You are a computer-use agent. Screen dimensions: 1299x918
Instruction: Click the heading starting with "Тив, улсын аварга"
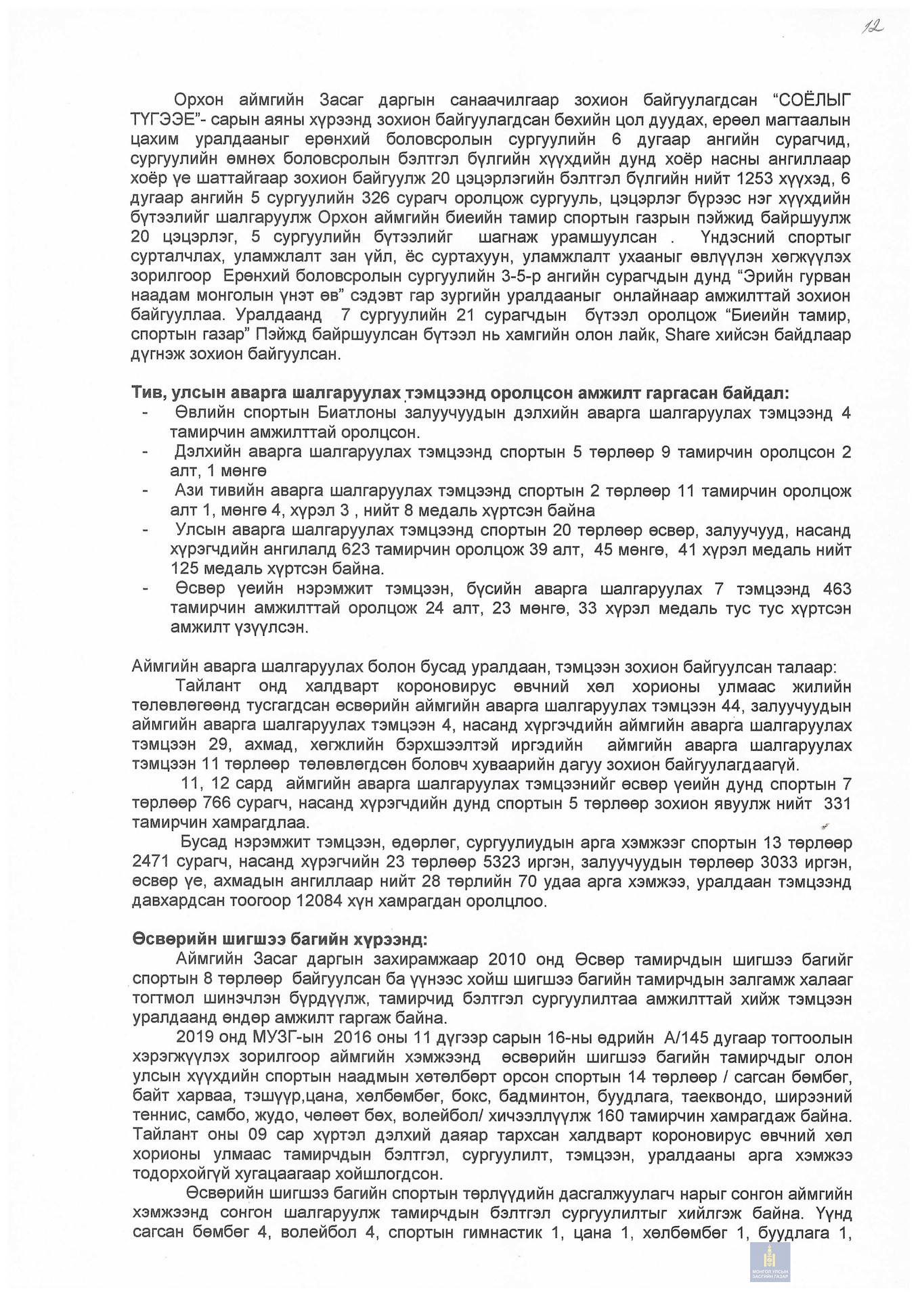(x=460, y=393)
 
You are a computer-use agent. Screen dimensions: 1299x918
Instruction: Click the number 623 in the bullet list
(x=356, y=550)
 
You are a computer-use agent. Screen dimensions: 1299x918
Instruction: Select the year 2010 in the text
(x=510, y=959)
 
